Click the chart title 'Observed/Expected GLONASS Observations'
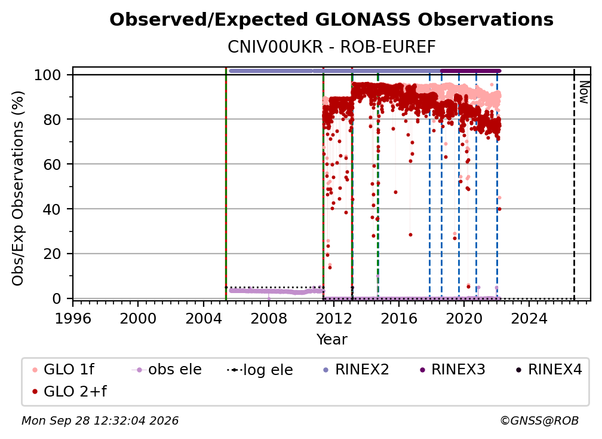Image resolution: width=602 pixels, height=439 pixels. [331, 20]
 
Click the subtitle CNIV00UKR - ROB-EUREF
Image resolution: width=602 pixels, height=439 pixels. [331, 47]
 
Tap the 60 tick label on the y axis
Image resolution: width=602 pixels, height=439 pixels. [52, 164]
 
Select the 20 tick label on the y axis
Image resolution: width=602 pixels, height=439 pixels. [52, 254]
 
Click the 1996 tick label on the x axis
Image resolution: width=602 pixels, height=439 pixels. [73, 319]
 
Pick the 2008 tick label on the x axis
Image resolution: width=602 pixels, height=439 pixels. [269, 319]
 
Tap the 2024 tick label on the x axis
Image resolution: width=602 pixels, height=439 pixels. [529, 319]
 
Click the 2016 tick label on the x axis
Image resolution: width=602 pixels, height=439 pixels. [399, 319]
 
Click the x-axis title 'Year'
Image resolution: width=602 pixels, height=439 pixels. [331, 340]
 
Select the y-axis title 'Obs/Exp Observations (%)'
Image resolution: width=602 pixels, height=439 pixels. [18, 188]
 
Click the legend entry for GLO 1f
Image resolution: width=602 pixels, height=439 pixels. [63, 370]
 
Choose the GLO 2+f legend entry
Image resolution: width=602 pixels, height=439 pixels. [69, 391]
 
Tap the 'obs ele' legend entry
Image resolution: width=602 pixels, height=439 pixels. [167, 370]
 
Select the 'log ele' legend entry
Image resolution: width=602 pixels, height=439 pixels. [260, 370]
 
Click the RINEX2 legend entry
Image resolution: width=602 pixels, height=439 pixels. [357, 370]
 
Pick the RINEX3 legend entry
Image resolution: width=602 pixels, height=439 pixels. [453, 370]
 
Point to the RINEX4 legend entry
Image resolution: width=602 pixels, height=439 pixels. [549, 370]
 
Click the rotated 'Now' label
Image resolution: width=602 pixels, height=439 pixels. [583, 92]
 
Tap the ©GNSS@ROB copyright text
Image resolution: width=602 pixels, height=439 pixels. [539, 420]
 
